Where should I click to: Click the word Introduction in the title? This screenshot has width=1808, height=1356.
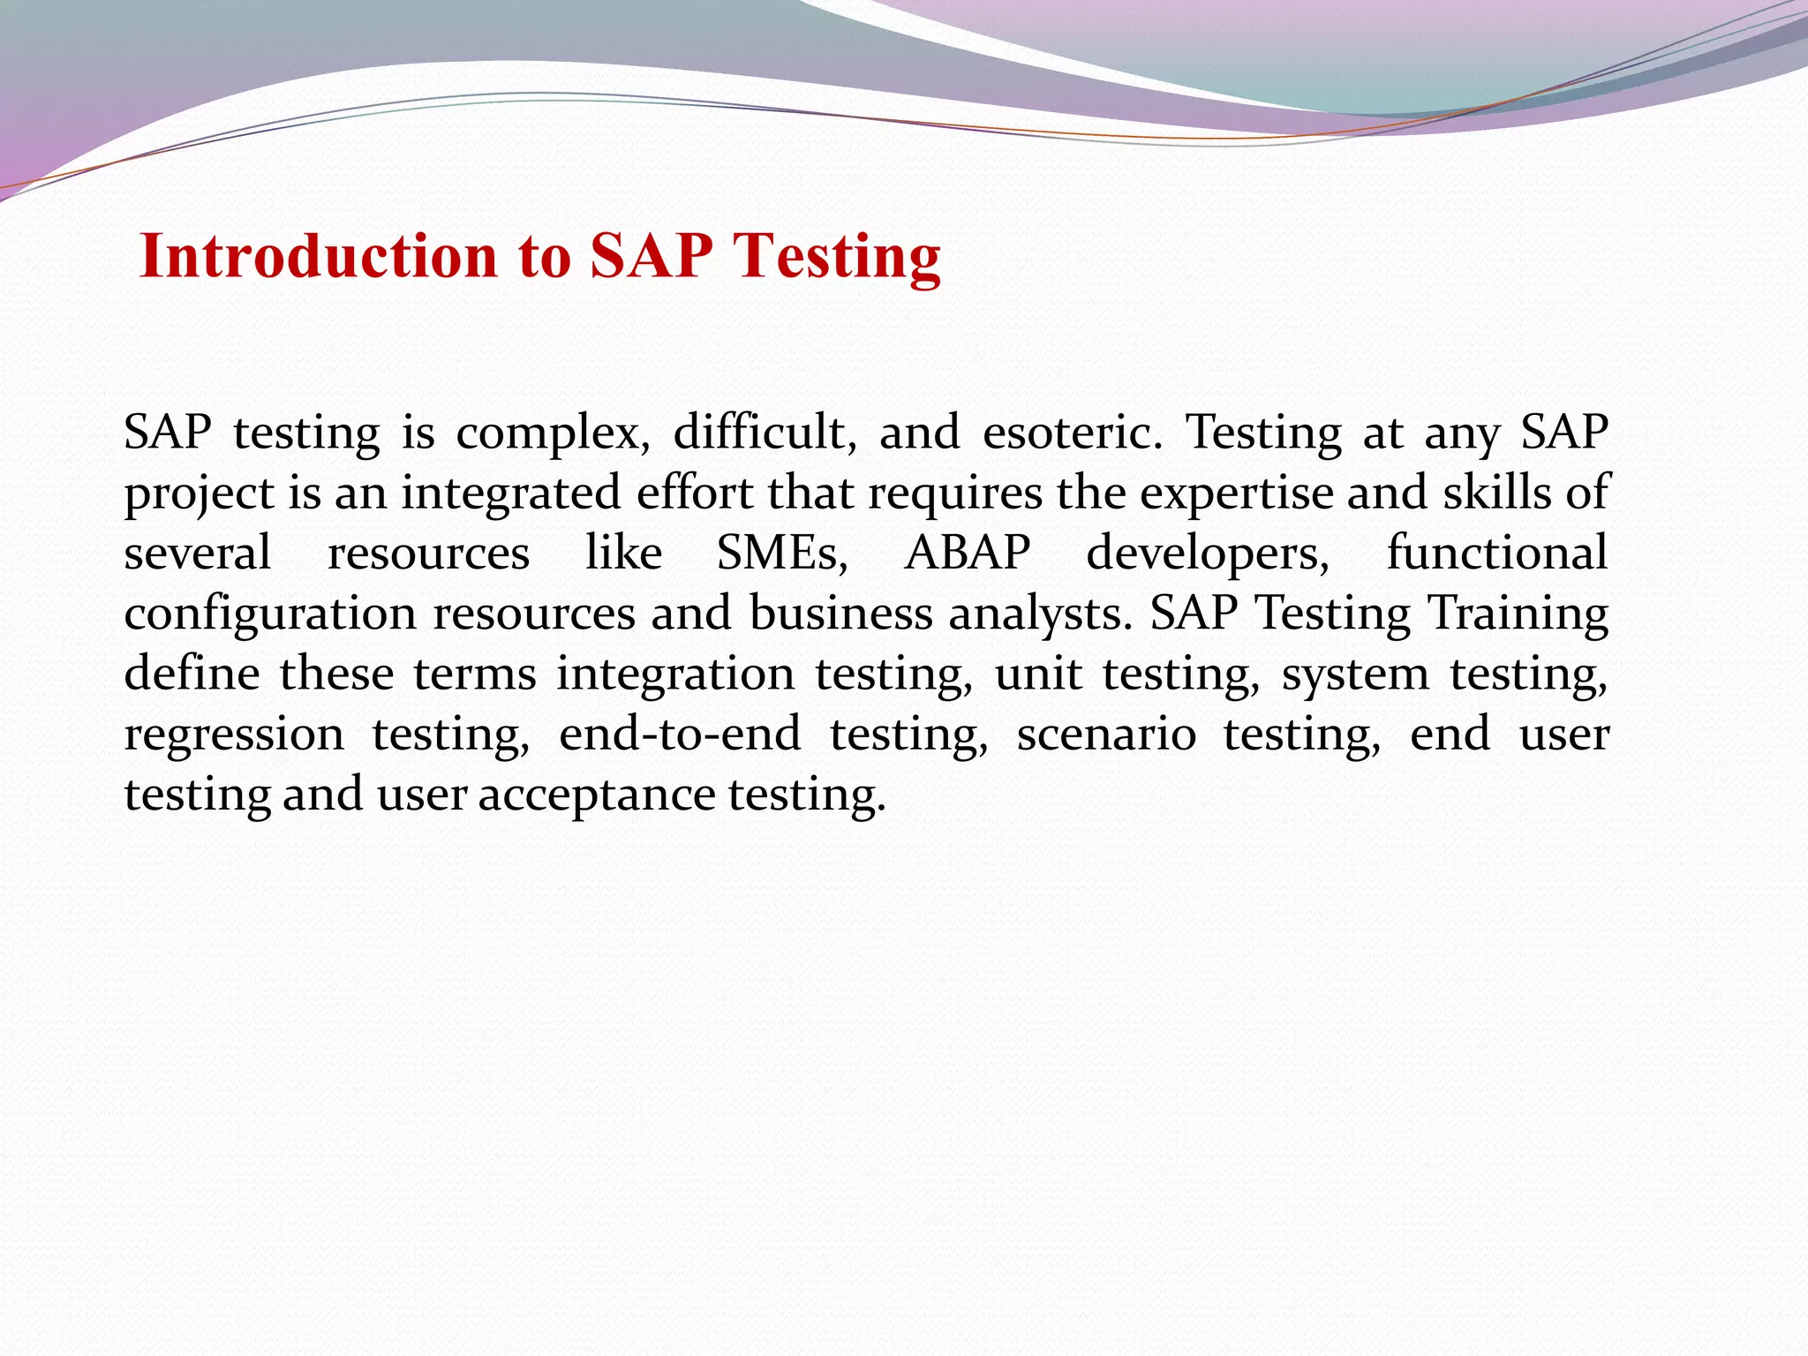(x=319, y=256)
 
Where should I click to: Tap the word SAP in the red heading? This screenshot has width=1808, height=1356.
(x=651, y=256)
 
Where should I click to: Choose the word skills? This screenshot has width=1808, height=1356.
(x=1496, y=493)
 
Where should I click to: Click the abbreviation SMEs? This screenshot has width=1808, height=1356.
(x=782, y=554)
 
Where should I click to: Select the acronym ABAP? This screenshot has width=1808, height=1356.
(x=968, y=554)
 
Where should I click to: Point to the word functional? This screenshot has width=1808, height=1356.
(x=1496, y=554)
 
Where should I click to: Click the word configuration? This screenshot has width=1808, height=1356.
(x=270, y=614)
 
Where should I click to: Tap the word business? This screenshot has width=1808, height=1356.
(x=840, y=614)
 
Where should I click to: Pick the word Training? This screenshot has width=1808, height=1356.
(x=1518, y=614)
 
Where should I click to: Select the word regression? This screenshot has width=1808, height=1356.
(x=234, y=734)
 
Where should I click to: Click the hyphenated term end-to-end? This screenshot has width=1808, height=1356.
(x=680, y=734)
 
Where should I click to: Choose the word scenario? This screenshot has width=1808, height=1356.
(x=1106, y=734)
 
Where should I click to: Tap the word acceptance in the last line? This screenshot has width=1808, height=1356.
(x=596, y=795)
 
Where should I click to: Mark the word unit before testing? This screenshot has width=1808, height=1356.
(x=1037, y=674)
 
